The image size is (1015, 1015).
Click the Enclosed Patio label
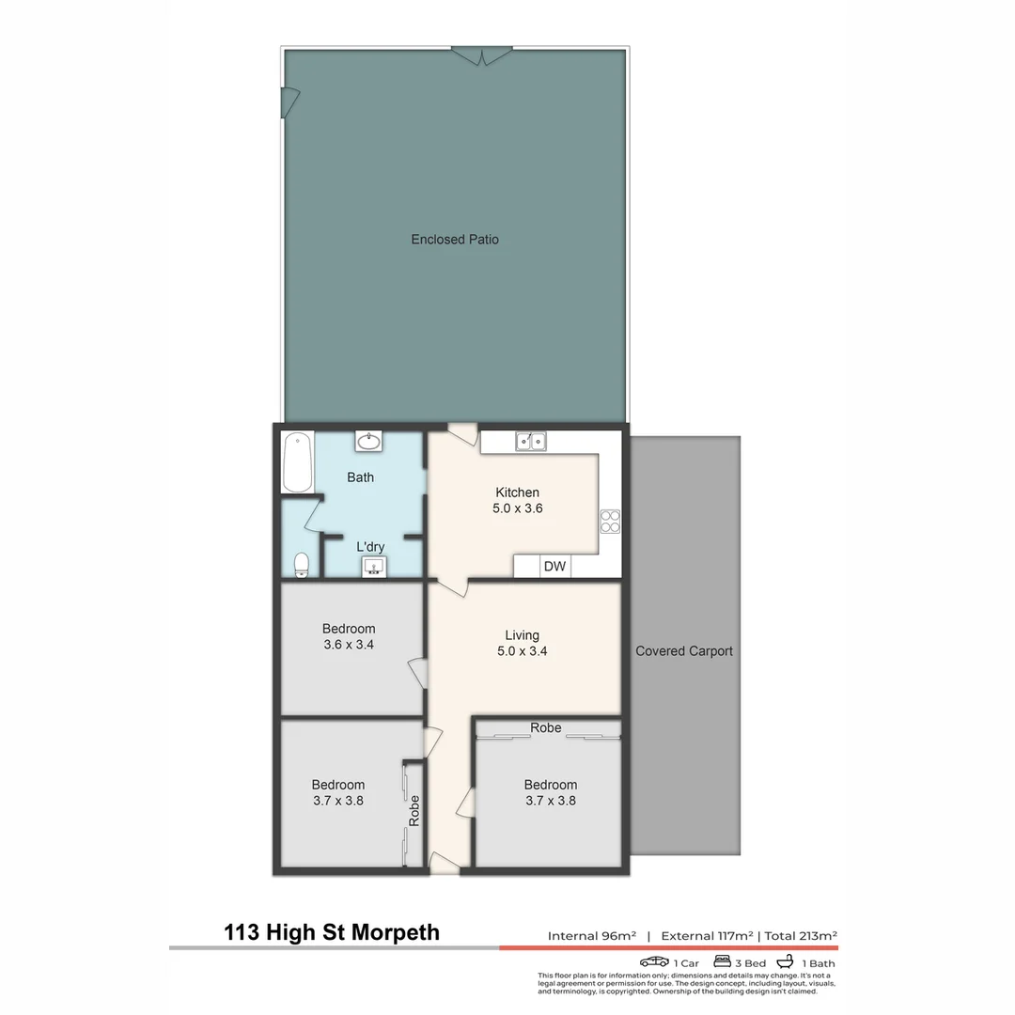(455, 240)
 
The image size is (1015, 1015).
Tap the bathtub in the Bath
(298, 461)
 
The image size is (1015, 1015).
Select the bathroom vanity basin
(368, 441)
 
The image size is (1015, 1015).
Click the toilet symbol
(302, 564)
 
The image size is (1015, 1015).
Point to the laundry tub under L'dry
(374, 566)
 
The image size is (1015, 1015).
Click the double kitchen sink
(530, 441)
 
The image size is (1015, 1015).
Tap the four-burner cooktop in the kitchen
(610, 521)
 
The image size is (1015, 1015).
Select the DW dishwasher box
(554, 566)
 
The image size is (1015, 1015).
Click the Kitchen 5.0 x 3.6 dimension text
(518, 508)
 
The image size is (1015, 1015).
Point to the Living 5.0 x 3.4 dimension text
(518, 651)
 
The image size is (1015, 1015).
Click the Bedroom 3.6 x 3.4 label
(349, 637)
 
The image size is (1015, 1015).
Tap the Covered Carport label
(684, 651)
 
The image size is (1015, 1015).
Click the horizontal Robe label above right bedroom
(546, 727)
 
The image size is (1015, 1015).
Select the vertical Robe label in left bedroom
(414, 811)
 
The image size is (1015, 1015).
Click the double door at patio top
(483, 55)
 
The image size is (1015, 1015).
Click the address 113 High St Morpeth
(332, 932)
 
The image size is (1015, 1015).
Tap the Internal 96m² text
(592, 936)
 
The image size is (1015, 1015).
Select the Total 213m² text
(801, 936)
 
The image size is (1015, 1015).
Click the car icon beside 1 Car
(654, 962)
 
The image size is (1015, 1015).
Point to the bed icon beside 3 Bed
(722, 961)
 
